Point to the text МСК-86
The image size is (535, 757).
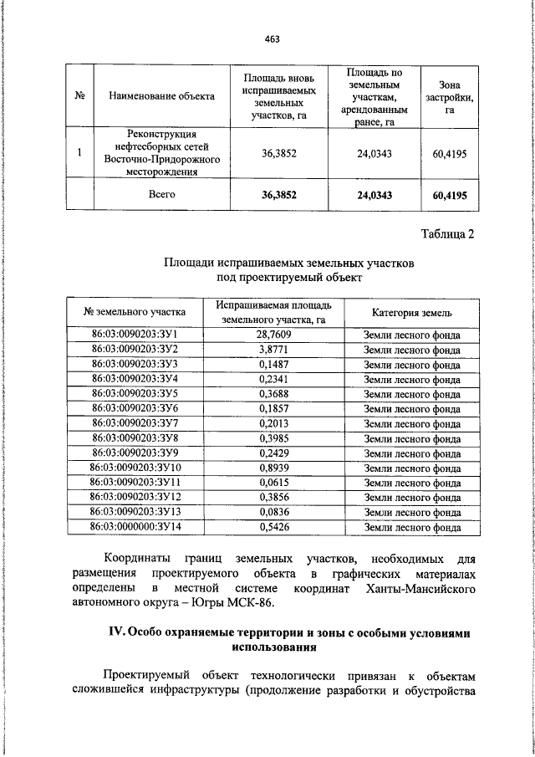[276, 604]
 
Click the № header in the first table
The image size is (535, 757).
[81, 96]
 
